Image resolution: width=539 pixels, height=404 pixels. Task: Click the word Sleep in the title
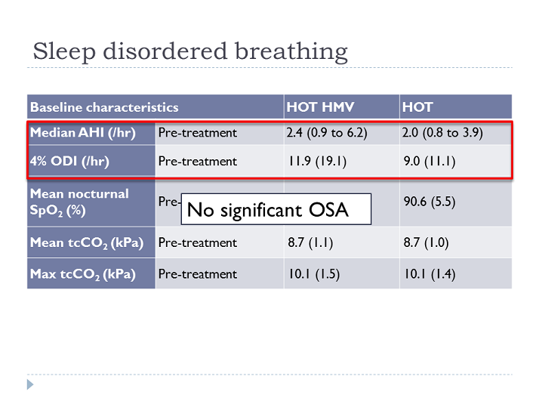[64, 52]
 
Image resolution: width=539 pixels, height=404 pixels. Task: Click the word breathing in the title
[291, 52]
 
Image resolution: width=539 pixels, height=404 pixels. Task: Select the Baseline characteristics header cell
[104, 107]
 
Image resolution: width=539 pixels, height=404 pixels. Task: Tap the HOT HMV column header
[320, 107]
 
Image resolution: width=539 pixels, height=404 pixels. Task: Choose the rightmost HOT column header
[417, 107]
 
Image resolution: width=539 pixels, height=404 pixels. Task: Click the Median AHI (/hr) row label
[83, 133]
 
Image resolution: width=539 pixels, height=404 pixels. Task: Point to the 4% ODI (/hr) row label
[69, 162]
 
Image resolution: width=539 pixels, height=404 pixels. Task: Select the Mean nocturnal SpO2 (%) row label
[79, 202]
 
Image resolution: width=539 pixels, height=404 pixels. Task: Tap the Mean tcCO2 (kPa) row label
[87, 243]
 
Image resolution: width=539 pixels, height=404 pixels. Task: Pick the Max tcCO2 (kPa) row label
[83, 274]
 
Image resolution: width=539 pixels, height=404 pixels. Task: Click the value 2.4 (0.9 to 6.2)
[327, 133]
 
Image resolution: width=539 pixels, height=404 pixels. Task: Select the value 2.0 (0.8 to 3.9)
[442, 133]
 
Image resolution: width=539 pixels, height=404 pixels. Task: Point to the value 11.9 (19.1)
[317, 162]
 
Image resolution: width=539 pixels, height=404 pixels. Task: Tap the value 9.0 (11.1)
[430, 162]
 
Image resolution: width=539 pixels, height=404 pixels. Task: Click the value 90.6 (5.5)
[430, 202]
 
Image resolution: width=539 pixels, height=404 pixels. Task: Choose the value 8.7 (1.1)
[310, 242]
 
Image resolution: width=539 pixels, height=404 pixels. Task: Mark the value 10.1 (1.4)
[430, 274]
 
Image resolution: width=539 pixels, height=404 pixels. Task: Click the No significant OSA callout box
[276, 209]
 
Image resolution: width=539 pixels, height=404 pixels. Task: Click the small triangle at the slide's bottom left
[30, 384]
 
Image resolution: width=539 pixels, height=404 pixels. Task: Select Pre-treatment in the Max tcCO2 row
[198, 274]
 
